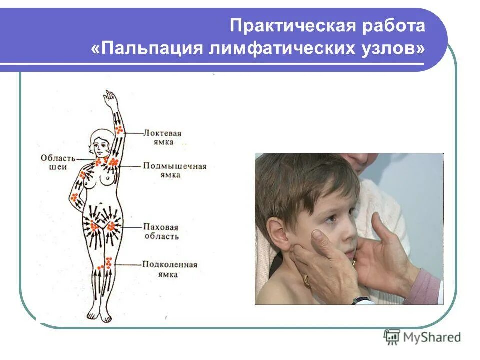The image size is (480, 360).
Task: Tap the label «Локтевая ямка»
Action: click(x=162, y=137)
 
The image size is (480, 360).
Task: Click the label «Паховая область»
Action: click(x=160, y=231)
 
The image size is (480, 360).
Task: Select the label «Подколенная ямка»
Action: click(x=169, y=269)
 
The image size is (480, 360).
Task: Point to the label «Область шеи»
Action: click(x=58, y=162)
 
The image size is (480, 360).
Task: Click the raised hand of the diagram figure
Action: click(x=110, y=97)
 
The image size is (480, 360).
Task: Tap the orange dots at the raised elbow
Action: click(x=119, y=130)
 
